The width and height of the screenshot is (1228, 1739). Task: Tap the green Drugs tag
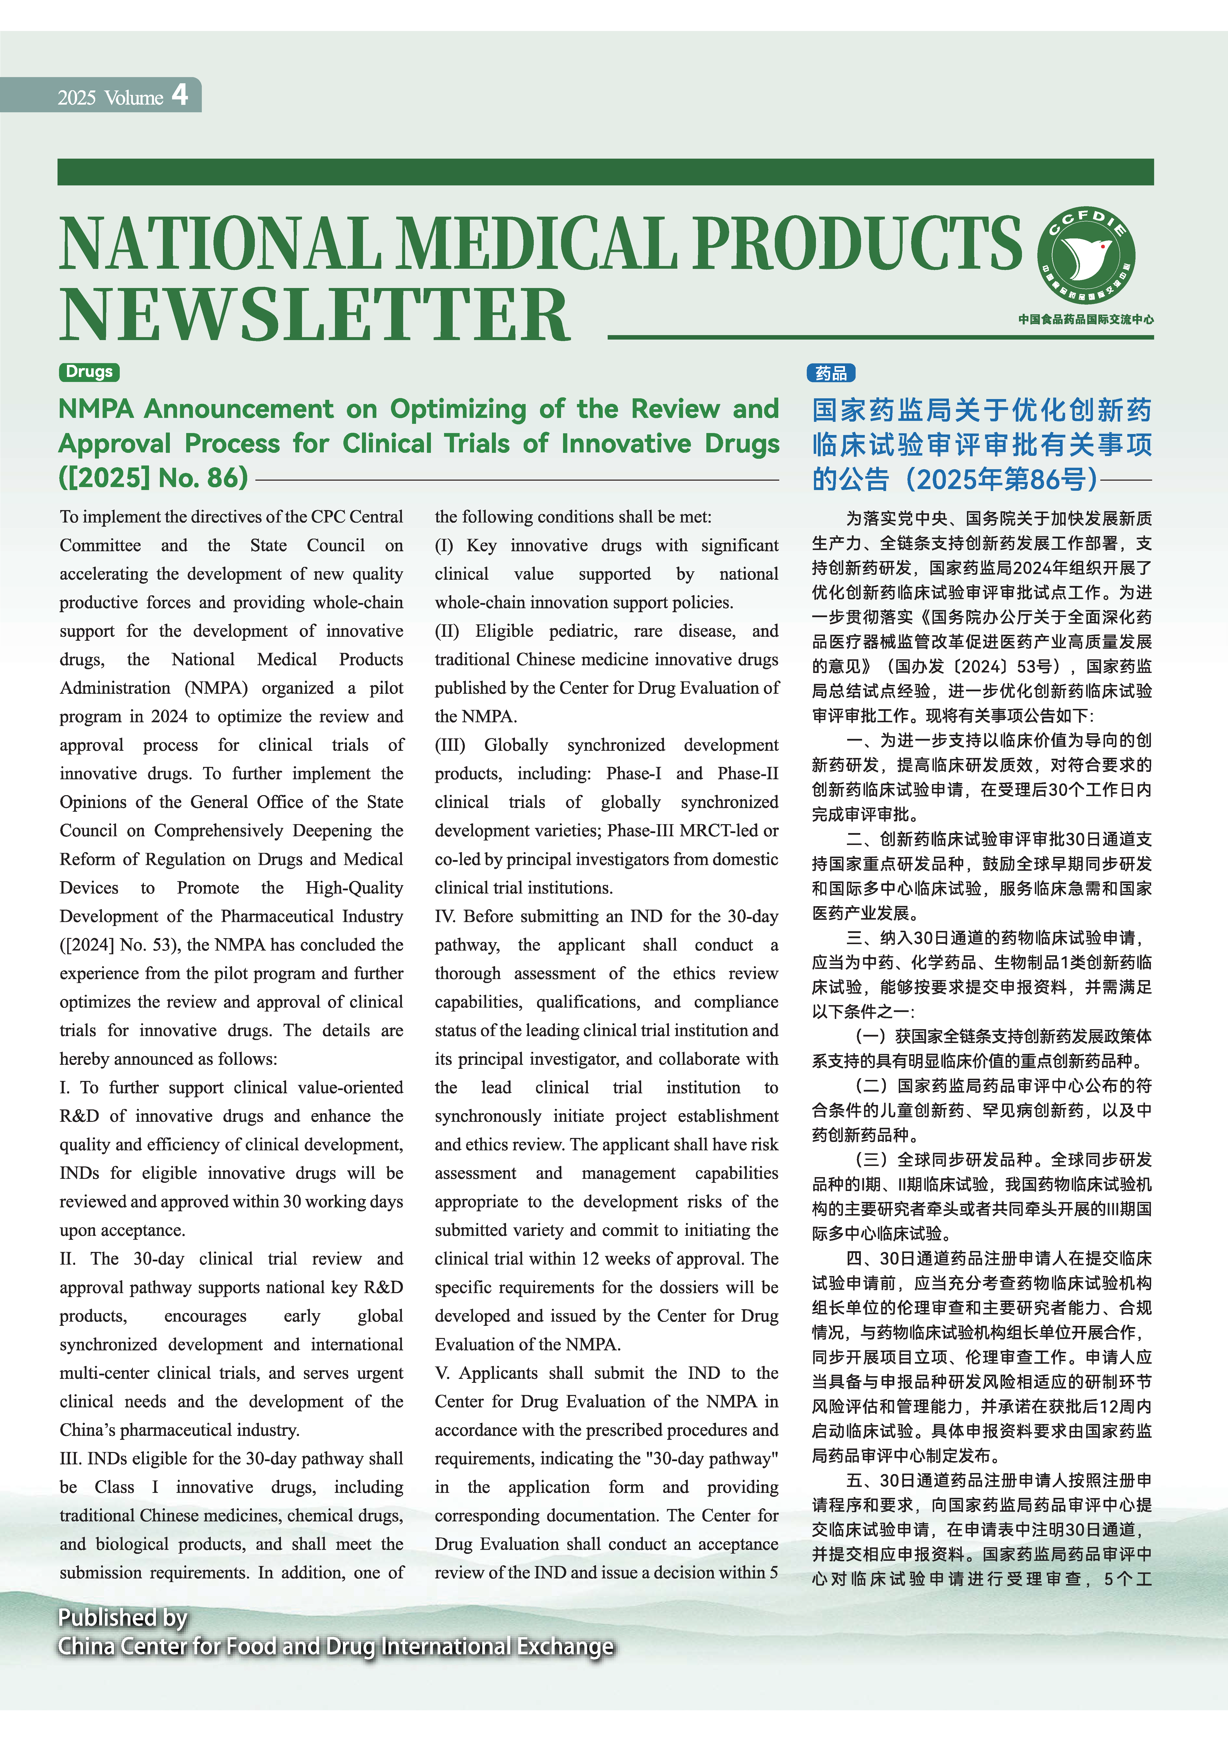(x=90, y=372)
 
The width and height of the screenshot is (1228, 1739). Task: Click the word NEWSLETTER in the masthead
(x=314, y=315)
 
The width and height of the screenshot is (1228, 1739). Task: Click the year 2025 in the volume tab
(x=77, y=98)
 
